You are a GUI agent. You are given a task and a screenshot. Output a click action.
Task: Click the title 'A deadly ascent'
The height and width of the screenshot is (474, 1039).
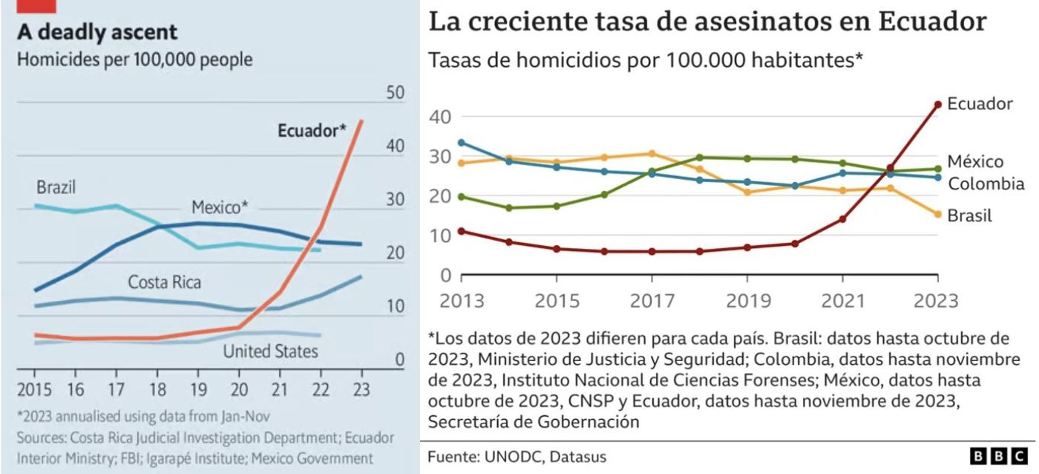97,33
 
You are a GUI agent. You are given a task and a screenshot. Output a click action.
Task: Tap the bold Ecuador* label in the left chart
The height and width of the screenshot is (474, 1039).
312,131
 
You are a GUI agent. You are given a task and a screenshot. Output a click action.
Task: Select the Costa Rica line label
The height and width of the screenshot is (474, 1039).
164,282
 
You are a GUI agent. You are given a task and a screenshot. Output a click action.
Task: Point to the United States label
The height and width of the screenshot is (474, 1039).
270,351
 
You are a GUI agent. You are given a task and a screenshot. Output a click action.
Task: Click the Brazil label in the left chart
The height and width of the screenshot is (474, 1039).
56,187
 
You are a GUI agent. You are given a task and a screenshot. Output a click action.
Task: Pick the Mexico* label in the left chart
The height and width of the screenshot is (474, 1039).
220,207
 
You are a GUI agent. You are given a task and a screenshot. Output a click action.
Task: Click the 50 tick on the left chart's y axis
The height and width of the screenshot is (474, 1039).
395,92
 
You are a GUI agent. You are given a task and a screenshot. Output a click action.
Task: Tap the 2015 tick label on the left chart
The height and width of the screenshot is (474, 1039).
34,389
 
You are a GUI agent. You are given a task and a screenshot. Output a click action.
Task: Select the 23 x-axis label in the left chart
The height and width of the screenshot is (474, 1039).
361,389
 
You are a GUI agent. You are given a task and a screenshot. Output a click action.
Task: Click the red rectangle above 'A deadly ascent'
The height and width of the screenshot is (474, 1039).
36,6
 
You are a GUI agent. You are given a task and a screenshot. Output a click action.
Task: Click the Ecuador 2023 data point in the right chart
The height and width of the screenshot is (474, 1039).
938,105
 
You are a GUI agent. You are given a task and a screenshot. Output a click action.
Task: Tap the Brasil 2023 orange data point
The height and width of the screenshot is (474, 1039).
938,214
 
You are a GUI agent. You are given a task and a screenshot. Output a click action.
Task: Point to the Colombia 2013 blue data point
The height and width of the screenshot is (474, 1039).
461,143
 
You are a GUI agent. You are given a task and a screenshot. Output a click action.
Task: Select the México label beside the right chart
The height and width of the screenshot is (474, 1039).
975,161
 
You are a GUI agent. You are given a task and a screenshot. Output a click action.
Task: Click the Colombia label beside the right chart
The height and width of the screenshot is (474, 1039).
986,184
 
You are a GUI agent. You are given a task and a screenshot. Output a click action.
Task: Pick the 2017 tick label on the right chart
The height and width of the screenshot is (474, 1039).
652,301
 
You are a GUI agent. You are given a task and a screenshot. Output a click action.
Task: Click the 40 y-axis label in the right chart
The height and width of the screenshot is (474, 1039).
440,117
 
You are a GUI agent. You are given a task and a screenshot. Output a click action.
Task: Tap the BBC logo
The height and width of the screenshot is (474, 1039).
999,456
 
